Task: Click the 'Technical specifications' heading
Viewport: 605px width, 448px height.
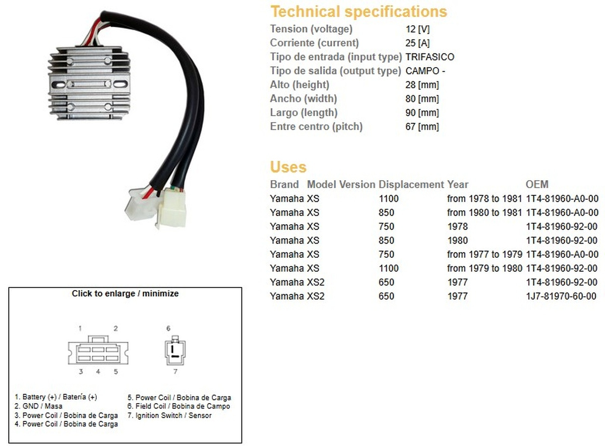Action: pos(358,12)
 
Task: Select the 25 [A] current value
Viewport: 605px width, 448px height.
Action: pos(417,43)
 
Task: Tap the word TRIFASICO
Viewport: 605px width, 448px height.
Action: pos(430,57)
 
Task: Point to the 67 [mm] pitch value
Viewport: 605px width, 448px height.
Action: pos(422,127)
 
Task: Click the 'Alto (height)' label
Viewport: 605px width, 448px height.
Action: pos(299,85)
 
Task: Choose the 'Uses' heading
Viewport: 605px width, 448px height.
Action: pos(288,167)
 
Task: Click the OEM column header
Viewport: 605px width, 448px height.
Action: pos(537,184)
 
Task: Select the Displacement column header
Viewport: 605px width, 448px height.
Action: pos(411,185)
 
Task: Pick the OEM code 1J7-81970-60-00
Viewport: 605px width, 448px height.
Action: pos(561,296)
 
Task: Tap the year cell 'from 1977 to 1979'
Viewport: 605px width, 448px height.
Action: pos(485,254)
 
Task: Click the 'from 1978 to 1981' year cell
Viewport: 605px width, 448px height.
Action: pos(485,198)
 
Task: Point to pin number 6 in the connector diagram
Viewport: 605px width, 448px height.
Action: pos(168,328)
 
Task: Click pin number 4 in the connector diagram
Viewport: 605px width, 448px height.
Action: pos(98,371)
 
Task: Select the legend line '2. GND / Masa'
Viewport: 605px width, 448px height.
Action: pos(38,406)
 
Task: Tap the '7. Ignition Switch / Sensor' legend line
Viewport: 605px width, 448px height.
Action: pos(169,415)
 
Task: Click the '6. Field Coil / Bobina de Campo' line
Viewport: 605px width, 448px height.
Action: pos(178,406)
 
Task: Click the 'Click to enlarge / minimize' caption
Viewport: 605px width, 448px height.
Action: pos(125,294)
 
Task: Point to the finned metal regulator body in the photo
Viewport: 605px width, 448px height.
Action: pos(89,83)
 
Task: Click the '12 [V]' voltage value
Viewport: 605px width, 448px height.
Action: pos(417,29)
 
